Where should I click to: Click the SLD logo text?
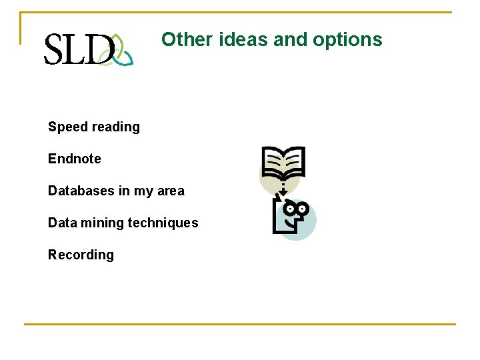point(77,49)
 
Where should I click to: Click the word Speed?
point(67,127)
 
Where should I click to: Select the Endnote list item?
point(75,159)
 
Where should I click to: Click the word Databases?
point(81,191)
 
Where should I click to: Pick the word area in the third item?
point(171,191)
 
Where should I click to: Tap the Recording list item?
point(81,255)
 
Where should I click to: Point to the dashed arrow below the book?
point(283,189)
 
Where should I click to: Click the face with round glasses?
point(294,212)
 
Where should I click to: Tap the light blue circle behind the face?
point(305,227)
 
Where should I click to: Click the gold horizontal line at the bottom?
point(240,325)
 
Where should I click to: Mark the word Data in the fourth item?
point(62,223)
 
